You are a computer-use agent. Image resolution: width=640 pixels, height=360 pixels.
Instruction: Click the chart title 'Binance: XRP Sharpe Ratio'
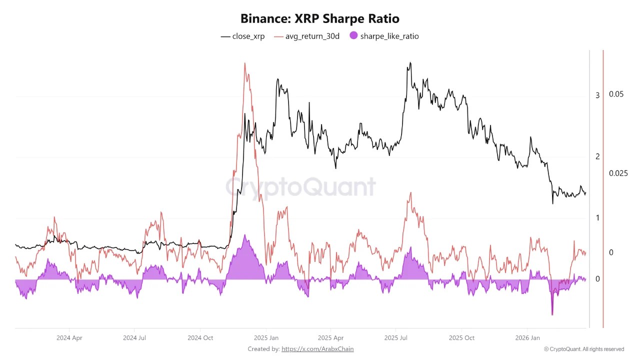[x=319, y=19]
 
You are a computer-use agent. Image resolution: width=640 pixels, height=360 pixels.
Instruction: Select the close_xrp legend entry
[x=243, y=36]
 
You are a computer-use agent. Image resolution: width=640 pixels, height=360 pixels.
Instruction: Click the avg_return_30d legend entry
[x=307, y=36]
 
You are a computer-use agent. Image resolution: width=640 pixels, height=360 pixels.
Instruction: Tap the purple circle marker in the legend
[x=354, y=36]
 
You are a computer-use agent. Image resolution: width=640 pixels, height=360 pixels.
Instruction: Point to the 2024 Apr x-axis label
[x=69, y=338]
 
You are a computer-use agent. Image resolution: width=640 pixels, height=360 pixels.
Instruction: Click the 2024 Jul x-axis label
[x=134, y=338]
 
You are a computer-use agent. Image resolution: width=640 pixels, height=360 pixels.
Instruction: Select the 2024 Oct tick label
[x=200, y=338]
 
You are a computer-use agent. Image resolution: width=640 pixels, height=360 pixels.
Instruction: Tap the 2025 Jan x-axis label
[x=266, y=338]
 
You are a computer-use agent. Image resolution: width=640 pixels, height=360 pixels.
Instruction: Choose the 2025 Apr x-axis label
[x=330, y=338]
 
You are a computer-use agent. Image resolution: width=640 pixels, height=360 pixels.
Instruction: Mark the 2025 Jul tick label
[x=395, y=338]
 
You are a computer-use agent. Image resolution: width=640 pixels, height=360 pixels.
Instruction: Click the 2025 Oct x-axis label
[x=461, y=338]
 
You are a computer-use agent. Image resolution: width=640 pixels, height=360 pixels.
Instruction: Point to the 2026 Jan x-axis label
[x=527, y=338]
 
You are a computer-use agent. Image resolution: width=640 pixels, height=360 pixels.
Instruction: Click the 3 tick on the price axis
[x=597, y=95]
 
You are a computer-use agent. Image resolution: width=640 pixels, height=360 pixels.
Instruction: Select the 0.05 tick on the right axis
[x=616, y=94]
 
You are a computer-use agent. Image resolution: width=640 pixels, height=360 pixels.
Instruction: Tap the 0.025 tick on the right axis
[x=618, y=173]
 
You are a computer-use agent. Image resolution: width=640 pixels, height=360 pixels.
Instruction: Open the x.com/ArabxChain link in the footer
[x=317, y=349]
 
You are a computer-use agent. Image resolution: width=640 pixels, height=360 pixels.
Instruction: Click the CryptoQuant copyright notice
[x=584, y=349]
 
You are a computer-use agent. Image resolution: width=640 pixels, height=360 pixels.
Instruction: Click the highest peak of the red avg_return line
[x=244, y=63]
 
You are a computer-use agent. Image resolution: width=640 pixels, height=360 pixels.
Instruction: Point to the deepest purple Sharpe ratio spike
[x=552, y=314]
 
